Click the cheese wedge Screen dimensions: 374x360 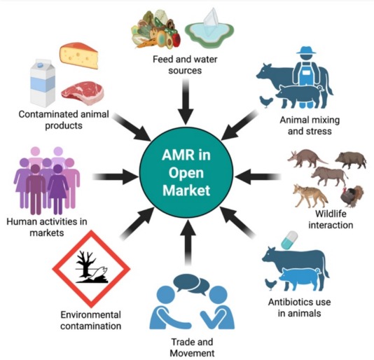click(x=78, y=55)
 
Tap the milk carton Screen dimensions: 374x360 click(x=43, y=83)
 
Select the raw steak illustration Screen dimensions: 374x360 click(x=82, y=93)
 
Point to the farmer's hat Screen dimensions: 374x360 click(x=306, y=50)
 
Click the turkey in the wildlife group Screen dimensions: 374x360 click(x=352, y=196)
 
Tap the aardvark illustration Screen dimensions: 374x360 click(x=307, y=158)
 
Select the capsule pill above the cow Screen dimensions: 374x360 click(x=289, y=240)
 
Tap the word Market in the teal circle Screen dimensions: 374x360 click(x=186, y=191)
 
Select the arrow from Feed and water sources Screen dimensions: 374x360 click(x=186, y=102)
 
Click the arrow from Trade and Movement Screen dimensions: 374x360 click(x=188, y=242)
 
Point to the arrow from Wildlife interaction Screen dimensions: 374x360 click(x=258, y=176)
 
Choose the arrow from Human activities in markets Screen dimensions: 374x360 click(x=116, y=176)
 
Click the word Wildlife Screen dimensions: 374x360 click(x=331, y=214)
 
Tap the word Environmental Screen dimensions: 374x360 click(x=90, y=314)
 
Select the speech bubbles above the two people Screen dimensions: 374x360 click(x=191, y=284)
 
